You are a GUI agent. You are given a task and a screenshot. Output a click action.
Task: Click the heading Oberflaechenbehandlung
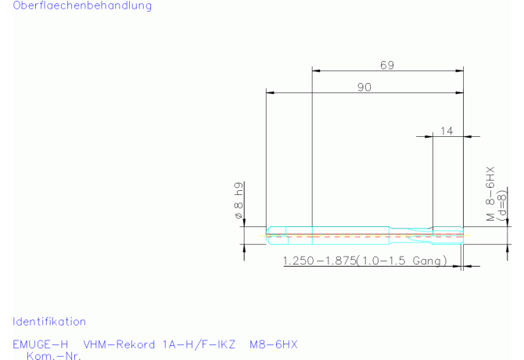tap(82, 5)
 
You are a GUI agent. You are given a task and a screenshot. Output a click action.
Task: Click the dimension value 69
tap(387, 65)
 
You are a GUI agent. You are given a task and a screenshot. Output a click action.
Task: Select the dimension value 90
tap(364, 87)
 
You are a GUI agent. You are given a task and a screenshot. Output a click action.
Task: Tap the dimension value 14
tap(447, 131)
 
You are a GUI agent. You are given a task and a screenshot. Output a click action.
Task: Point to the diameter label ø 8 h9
tap(239, 200)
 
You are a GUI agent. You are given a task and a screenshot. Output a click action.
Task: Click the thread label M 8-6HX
tap(490, 193)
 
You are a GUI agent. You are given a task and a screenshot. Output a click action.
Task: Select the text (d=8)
tap(501, 205)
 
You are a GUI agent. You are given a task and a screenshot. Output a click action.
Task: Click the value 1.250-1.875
tap(319, 261)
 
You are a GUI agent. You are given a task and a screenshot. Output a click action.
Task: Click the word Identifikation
tap(49, 322)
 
